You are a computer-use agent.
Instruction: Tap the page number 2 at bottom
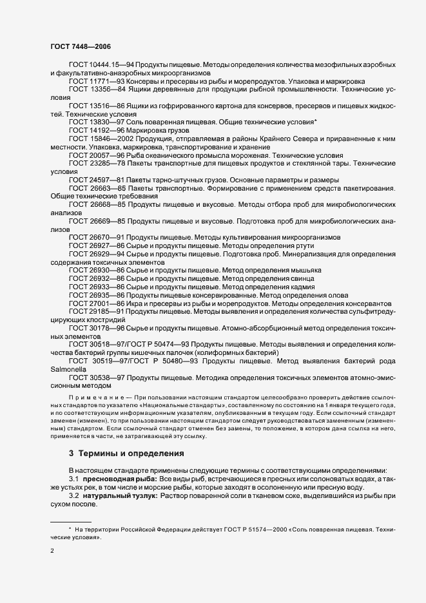point(52,552)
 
